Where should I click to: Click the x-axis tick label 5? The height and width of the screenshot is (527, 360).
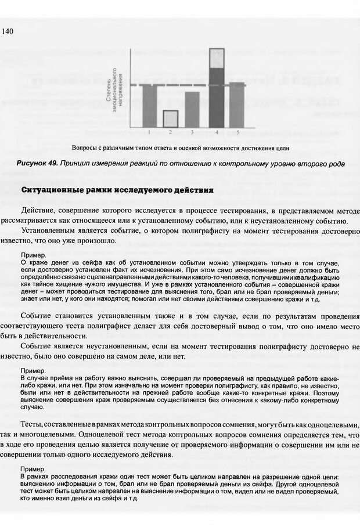(x=237, y=131)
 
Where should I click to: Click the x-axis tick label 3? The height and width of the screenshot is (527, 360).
(x=192, y=131)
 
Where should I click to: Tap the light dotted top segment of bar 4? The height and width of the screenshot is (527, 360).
(x=216, y=59)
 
